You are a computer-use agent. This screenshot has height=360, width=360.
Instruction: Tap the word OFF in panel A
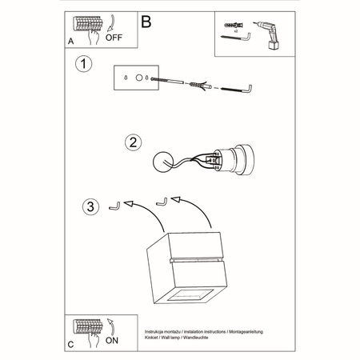tap(114, 36)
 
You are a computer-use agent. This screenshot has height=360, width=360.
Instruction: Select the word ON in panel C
tap(113, 338)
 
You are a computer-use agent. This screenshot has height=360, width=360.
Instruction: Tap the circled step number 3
tap(92, 208)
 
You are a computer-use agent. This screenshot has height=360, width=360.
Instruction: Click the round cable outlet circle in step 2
tap(166, 161)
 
